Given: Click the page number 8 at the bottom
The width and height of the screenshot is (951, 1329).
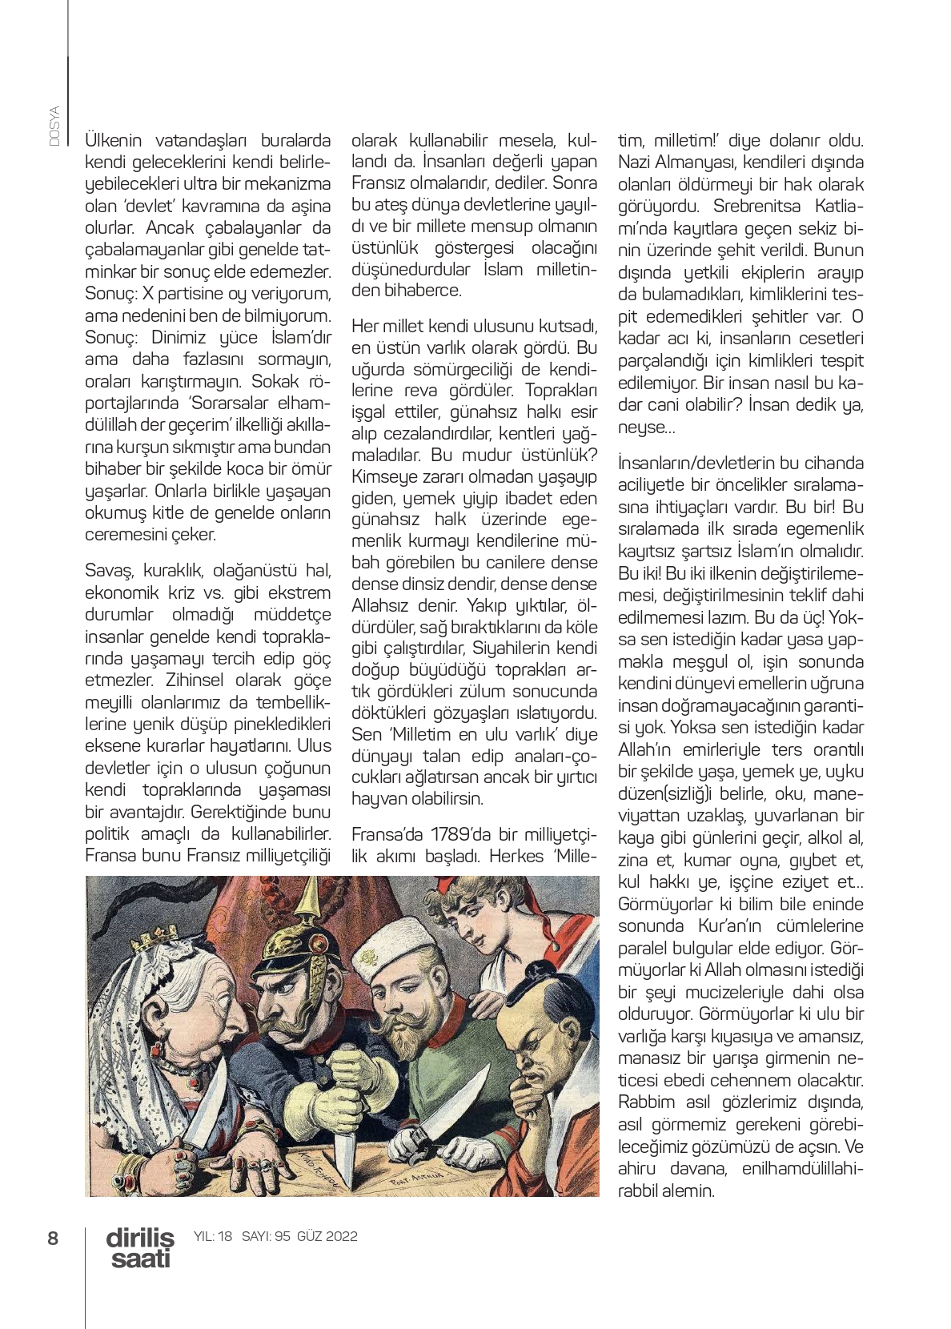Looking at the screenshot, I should (53, 1238).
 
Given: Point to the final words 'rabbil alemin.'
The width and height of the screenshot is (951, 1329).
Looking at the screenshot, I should (665, 1190).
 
